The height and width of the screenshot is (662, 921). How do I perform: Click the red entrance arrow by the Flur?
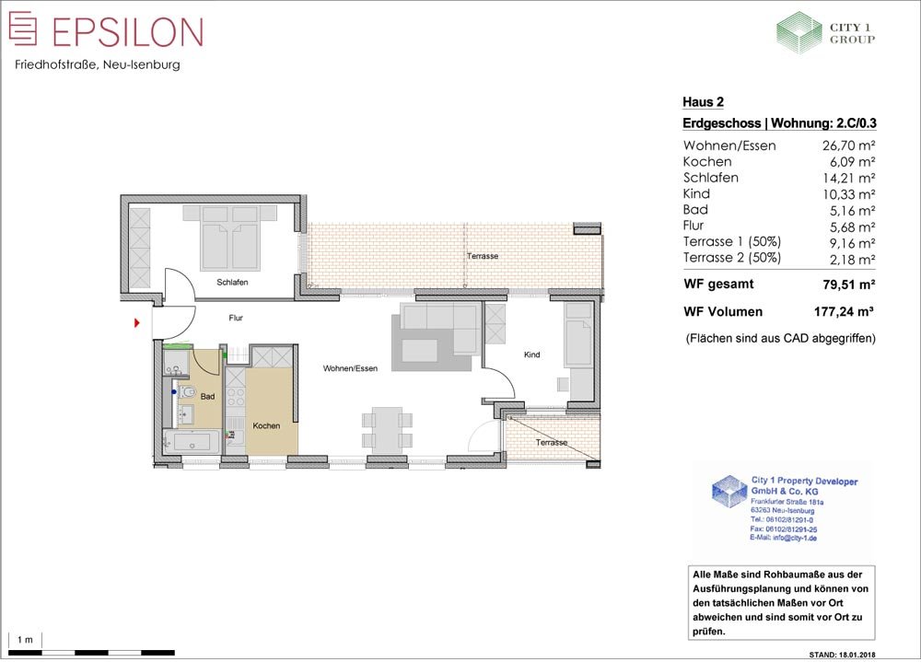point(137,322)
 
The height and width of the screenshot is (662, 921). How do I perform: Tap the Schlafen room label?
point(232,283)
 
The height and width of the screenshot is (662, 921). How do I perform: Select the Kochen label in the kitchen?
point(266,426)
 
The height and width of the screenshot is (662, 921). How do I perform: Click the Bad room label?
point(207,397)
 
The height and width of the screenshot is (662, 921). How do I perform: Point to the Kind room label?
point(531,354)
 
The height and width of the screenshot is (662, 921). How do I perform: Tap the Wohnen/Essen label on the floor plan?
point(350,369)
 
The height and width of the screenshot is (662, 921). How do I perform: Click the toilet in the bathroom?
point(186,392)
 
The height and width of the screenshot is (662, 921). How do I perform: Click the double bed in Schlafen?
point(229,238)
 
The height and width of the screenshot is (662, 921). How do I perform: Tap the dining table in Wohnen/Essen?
point(387,430)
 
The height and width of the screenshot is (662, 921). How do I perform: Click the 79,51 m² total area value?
point(849,285)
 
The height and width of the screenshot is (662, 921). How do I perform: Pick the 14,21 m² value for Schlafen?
point(849,178)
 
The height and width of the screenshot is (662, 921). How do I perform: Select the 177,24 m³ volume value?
point(844,312)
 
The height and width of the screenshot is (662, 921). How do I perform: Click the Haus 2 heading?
point(703,102)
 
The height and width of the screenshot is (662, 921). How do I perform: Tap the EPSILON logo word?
point(127,31)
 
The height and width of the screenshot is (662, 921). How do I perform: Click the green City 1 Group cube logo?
point(799,33)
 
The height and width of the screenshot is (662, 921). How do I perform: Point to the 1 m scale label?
point(25,640)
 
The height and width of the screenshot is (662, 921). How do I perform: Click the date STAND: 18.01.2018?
point(842,655)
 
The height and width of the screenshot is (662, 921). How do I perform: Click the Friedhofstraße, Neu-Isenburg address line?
point(98,65)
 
